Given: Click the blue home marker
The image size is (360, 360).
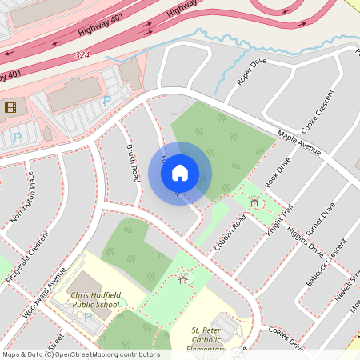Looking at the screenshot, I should [180, 173].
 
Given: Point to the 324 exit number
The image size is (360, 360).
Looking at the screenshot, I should [81, 55].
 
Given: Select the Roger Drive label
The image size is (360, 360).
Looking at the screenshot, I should [251, 71].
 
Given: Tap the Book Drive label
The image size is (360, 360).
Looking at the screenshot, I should [276, 171].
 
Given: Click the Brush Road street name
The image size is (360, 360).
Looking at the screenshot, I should [133, 161].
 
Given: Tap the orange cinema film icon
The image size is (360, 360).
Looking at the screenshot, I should [10, 106].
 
